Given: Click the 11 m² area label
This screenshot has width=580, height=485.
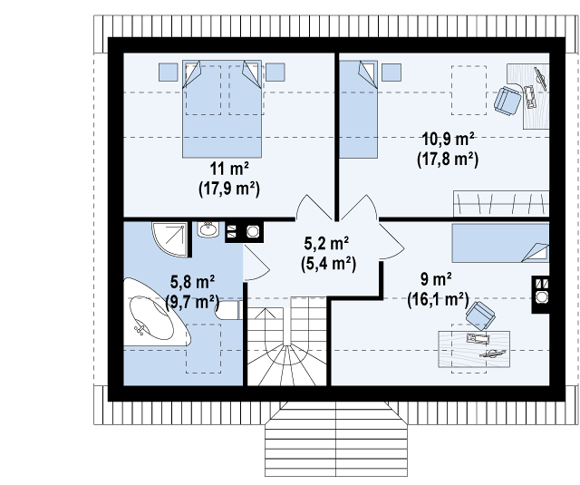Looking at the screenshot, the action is click(229, 169).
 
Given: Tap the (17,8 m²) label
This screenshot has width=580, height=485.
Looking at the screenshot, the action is click(448, 160).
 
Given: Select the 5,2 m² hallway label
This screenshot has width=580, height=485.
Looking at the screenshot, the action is click(326, 244).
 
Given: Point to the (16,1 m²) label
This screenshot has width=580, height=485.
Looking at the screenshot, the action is click(438, 299).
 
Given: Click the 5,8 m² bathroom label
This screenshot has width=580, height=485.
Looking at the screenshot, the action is click(192, 282).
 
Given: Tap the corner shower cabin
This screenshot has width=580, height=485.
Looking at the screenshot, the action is click(169, 239).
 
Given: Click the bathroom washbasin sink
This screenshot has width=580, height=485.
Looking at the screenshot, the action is click(208, 229).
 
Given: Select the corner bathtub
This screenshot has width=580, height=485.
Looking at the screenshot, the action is click(157, 313).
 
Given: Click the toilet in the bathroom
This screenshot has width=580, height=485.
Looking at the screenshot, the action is click(229, 310).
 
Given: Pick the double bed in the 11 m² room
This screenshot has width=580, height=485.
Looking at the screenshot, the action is click(222, 109).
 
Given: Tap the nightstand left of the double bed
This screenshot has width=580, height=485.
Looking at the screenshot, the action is click(169, 73).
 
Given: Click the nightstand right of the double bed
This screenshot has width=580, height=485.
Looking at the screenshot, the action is click(275, 73).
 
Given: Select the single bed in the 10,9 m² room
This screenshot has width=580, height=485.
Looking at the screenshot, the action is click(359, 109).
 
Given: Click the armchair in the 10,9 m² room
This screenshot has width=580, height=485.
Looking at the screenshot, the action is click(507, 100).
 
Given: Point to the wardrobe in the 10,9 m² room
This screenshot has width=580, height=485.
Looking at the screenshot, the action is click(501, 204).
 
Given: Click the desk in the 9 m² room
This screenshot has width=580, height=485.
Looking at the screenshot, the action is click(474, 349).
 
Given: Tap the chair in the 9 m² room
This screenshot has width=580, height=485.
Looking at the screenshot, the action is click(480, 315).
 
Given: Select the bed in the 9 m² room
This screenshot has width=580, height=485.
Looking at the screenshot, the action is click(500, 244).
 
